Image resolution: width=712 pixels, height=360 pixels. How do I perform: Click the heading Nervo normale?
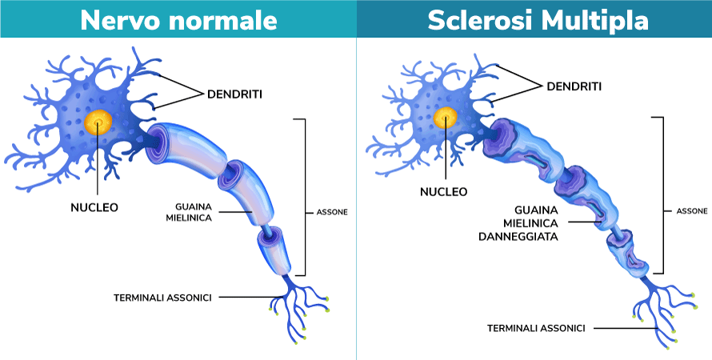178,19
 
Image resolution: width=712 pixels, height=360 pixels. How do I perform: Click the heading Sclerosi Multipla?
534,19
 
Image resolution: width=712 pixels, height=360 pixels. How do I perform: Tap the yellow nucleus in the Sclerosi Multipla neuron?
446,118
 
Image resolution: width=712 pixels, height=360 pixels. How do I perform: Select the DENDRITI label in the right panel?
574,86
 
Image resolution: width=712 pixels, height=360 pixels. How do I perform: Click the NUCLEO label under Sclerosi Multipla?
443,192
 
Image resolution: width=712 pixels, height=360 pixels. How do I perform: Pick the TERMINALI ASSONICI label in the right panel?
536,328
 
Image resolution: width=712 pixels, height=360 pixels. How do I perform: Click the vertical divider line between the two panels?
356,200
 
